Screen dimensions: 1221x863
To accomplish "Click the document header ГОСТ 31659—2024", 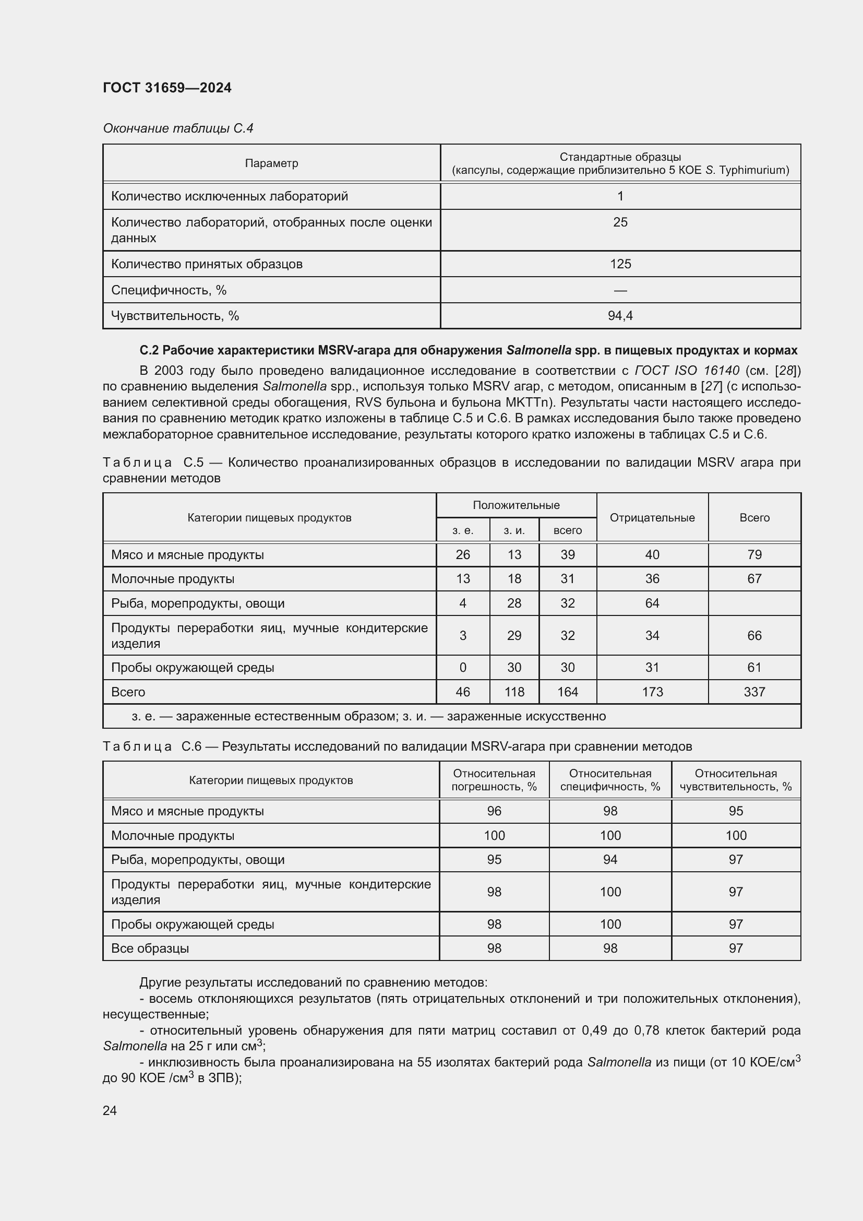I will point(167,88).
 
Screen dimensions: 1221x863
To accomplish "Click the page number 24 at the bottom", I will point(110,1110).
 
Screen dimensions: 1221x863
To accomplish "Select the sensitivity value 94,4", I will point(620,316).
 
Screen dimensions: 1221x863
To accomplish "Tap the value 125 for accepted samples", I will point(620,264).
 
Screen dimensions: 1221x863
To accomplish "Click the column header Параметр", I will point(271,163).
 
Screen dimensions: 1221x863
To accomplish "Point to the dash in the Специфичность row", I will point(620,290).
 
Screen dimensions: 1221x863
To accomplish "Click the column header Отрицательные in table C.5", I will point(652,517).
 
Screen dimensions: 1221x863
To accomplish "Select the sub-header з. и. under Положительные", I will point(514,530).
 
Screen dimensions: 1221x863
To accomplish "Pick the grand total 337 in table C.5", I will point(754,692).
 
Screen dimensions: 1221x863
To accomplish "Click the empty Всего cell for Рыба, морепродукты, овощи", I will point(754,603).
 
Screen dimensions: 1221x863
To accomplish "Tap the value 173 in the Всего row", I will point(652,692).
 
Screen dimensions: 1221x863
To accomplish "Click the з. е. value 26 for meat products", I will point(463,555).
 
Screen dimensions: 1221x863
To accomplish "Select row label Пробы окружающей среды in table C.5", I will point(193,668).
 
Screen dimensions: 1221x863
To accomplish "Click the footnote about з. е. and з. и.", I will point(368,716).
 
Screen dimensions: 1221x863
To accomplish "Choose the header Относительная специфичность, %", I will point(610,780).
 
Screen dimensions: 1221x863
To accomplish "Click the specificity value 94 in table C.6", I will point(610,860).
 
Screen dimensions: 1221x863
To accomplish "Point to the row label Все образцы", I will point(150,948).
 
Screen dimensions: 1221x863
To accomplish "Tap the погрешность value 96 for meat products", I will point(494,811).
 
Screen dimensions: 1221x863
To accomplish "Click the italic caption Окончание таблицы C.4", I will point(178,128).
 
